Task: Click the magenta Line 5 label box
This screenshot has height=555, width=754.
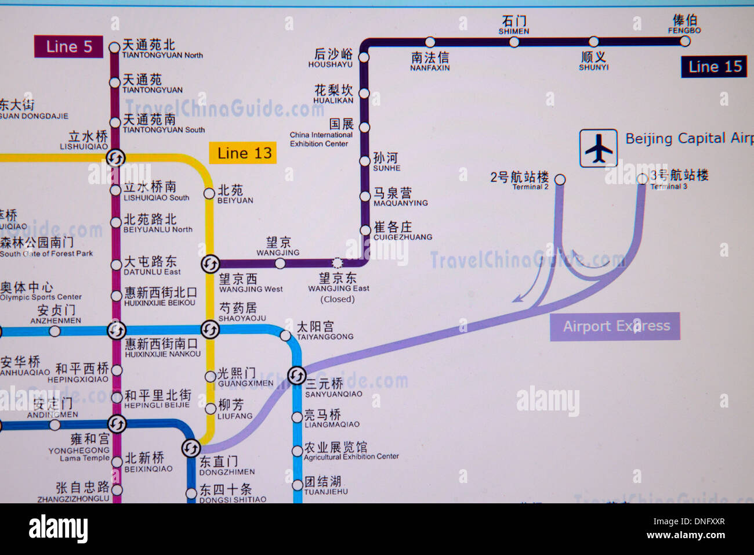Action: coord(68,47)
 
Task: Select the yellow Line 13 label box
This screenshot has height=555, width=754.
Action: coord(244,153)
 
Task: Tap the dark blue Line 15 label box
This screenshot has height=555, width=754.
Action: coord(714,67)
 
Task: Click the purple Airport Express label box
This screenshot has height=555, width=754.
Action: coord(615,326)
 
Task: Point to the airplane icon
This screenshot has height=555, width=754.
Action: coord(599,149)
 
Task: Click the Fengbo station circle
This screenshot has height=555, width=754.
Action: coord(685,41)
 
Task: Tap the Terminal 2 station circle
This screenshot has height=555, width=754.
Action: coord(560,179)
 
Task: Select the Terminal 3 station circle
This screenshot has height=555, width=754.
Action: coord(642,179)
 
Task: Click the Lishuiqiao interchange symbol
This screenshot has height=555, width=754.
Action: coord(115,157)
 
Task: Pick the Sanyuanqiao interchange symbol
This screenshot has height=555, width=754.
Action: coord(296,376)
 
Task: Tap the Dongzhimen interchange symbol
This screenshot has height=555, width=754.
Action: coord(191,448)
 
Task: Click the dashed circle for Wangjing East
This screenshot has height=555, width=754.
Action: coord(337,264)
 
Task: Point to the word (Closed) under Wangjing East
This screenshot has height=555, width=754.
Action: coord(338,300)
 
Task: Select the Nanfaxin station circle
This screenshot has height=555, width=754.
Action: coord(430,42)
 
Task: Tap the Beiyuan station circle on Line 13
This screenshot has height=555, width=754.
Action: coord(209,193)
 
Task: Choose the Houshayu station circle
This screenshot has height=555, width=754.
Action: coord(364,57)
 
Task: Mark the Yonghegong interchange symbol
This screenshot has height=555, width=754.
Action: coord(117,424)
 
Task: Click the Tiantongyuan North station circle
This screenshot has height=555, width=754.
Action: coord(114,48)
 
